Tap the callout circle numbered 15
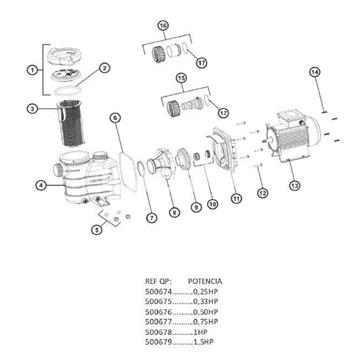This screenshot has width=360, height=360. [x=181, y=76]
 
